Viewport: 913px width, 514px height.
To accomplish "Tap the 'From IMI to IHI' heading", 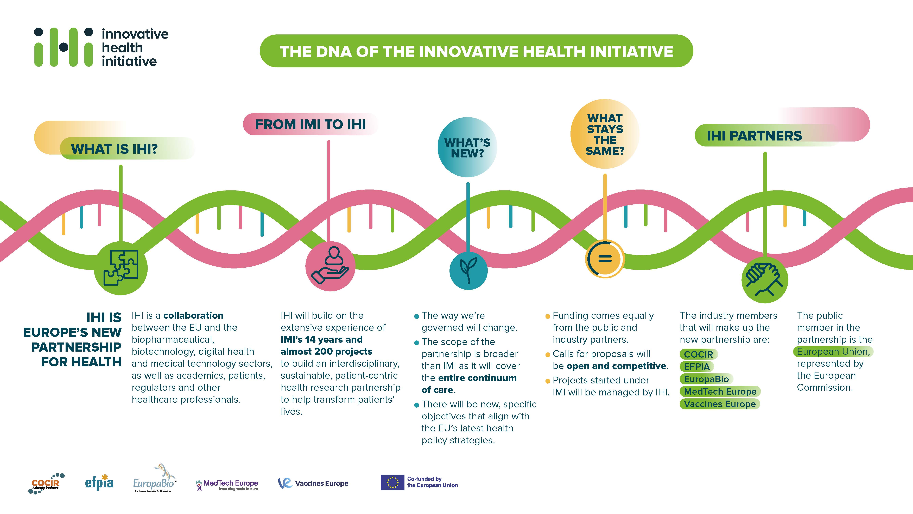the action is point(310,124).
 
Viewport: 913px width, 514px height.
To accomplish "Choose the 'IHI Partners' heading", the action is point(754,136).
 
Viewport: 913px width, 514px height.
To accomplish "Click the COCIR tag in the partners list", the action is point(698,354).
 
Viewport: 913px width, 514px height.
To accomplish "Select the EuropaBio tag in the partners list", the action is point(706,379).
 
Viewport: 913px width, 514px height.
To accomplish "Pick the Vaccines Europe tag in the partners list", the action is point(719,404).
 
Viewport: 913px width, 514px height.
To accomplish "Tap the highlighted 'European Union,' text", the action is point(833,352).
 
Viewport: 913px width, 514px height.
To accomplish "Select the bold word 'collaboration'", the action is point(193,315).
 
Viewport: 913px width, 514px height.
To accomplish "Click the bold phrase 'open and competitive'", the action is point(616,366).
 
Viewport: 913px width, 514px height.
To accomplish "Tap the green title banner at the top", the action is point(476,51).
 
